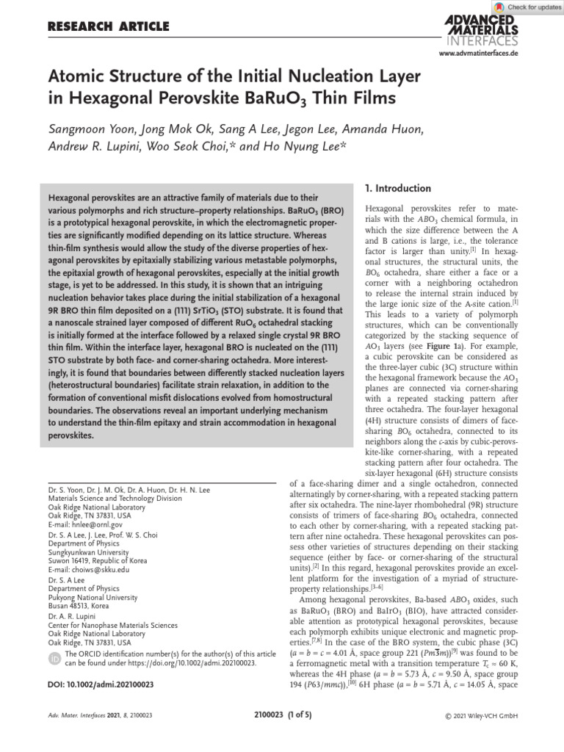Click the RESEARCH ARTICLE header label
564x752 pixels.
(x=108, y=27)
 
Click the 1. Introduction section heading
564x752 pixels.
(x=399, y=189)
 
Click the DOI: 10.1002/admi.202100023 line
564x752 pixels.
(x=101, y=685)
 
